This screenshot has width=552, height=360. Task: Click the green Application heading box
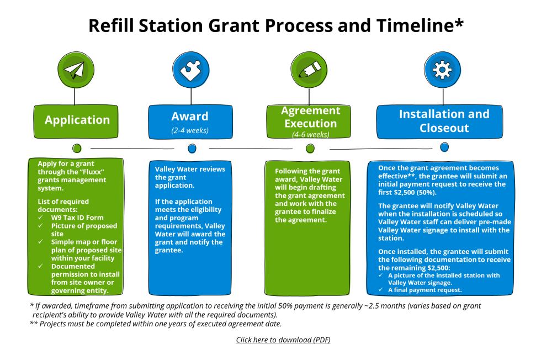77,120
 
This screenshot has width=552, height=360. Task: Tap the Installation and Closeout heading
444,121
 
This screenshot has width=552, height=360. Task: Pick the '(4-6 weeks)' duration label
310,134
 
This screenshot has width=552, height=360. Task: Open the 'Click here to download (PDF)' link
283,340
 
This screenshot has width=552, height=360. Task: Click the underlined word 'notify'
444,205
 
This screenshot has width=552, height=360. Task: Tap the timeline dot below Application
77,148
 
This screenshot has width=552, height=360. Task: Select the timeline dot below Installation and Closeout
444,147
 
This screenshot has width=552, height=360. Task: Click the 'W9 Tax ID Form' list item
77,218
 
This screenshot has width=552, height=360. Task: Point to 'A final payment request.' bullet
425,289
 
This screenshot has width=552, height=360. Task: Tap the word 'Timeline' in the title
415,25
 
